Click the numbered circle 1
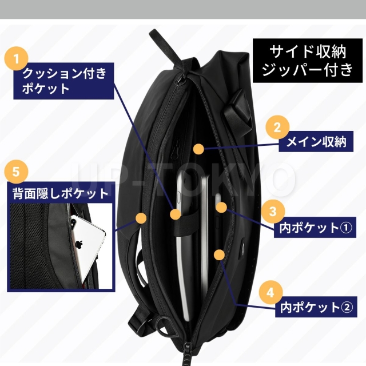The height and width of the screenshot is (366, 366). pyautogui.click(x=17, y=58)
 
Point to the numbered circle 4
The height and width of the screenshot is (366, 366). pyautogui.click(x=269, y=292)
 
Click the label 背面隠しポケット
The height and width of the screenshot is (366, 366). pyautogui.click(x=61, y=193)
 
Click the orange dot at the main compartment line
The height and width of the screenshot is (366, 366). pyautogui.click(x=198, y=149)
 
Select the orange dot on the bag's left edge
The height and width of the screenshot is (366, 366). pyautogui.click(x=141, y=217)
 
